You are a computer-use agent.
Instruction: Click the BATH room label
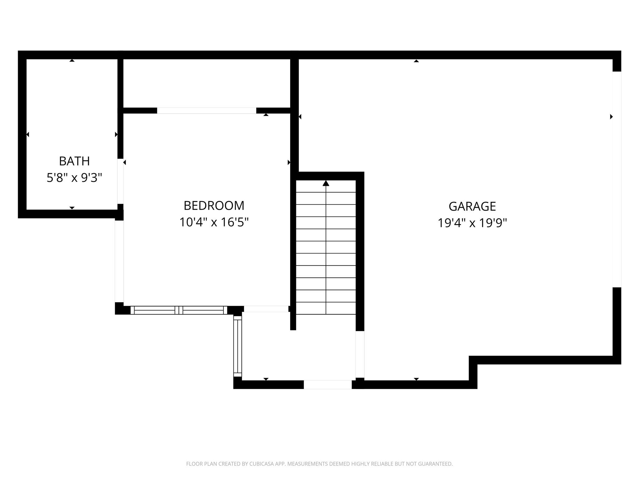click(x=74, y=161)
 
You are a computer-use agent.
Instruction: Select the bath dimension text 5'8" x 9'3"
click(x=74, y=178)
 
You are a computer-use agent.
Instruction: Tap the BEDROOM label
click(x=214, y=206)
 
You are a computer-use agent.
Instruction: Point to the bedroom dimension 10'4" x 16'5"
click(x=214, y=222)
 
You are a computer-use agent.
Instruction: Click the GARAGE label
click(x=472, y=207)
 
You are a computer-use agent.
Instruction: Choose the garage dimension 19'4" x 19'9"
click(x=472, y=223)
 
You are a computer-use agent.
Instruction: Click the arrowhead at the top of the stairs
click(x=326, y=183)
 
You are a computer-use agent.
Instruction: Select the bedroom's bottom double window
click(x=179, y=310)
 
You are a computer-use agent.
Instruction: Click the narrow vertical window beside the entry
click(x=238, y=346)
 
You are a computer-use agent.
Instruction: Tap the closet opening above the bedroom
click(x=207, y=111)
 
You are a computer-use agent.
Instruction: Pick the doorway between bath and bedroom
click(x=120, y=181)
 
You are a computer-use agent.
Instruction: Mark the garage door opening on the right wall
click(x=617, y=179)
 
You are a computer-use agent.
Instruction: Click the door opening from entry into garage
click(x=360, y=354)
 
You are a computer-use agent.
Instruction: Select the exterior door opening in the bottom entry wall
click(x=328, y=385)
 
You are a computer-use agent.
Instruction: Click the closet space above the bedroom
click(x=207, y=83)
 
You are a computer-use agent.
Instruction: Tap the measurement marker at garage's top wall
click(x=416, y=61)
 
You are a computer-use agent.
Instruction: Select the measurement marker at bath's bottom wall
click(x=72, y=208)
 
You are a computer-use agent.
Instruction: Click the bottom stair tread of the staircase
click(x=326, y=308)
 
